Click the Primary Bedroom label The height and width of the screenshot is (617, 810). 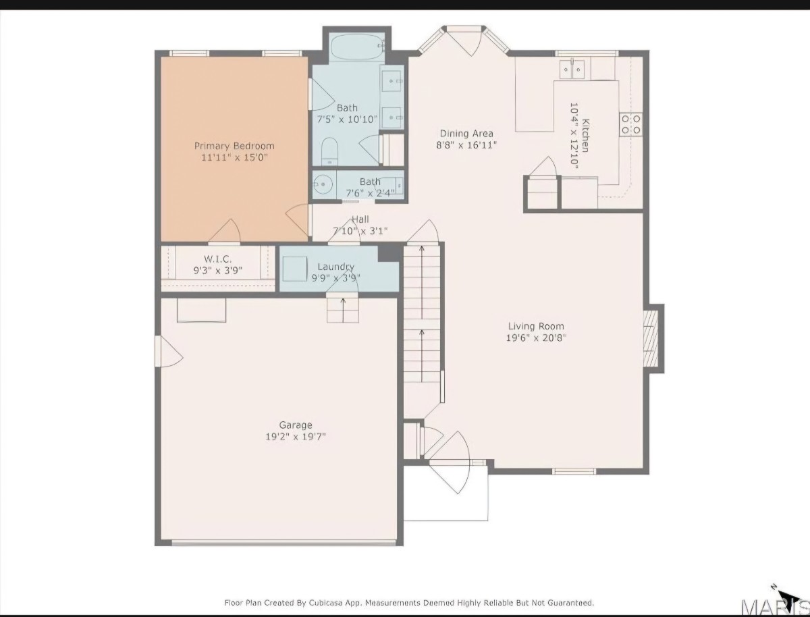click(234, 146)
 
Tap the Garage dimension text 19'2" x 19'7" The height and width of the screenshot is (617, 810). click(296, 437)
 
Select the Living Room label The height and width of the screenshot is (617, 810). click(536, 326)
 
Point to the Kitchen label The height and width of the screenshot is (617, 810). click(586, 136)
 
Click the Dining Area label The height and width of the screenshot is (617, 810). click(466, 133)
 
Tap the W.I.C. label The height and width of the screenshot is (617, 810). click(218, 259)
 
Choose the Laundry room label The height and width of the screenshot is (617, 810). click(335, 267)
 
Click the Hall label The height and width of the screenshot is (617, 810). click(360, 219)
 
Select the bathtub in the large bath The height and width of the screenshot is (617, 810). click(357, 47)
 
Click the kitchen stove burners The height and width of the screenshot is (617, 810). click(631, 124)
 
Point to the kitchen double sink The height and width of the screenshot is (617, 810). click(572, 70)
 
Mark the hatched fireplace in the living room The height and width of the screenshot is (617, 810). click(651, 338)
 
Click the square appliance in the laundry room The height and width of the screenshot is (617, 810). click(295, 269)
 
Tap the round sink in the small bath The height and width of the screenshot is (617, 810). click(323, 184)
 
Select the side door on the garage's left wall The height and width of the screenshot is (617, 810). click(168, 351)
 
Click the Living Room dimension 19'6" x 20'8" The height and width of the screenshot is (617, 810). click(536, 338)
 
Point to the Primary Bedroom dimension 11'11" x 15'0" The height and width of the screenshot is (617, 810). click(234, 157)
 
